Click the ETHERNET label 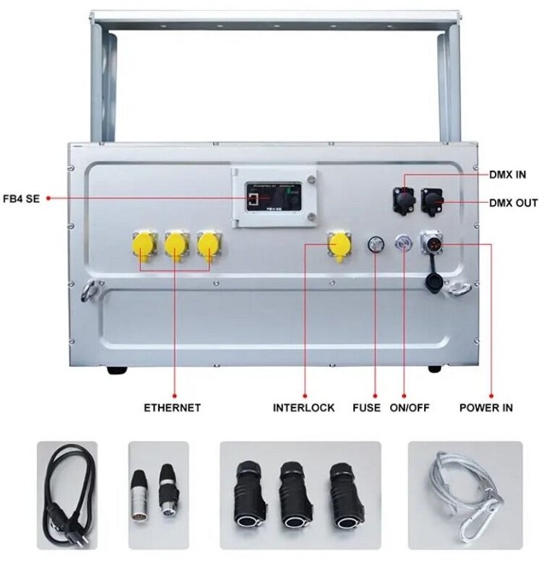pos(172,408)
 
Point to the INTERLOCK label pos(303,408)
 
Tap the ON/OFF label pos(410,408)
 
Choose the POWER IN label pos(486,408)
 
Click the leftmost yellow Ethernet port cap pos(142,245)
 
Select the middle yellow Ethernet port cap pos(175,245)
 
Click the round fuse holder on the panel pos(376,244)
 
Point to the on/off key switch pos(402,244)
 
